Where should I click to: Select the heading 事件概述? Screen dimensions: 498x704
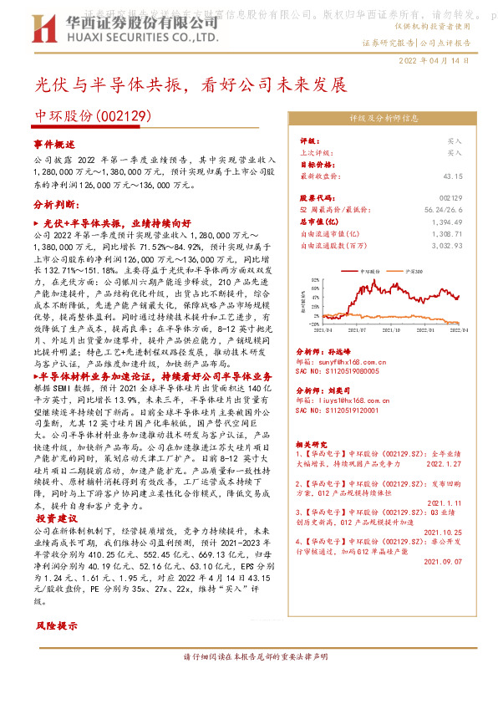pos(55,144)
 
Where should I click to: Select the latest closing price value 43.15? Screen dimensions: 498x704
pos(475,177)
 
